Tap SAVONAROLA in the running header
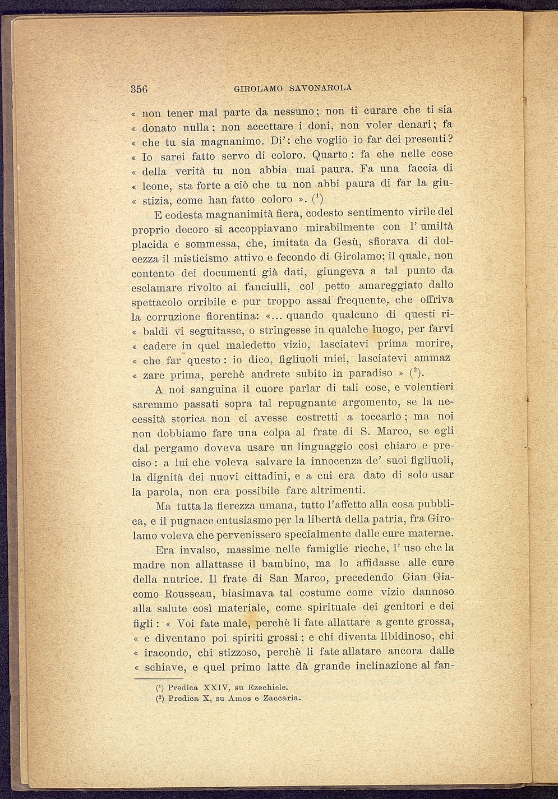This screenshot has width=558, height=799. pos(322,88)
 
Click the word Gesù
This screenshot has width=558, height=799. pos(350,242)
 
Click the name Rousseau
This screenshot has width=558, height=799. pos(182,593)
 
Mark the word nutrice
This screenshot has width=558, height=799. pos(186,578)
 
